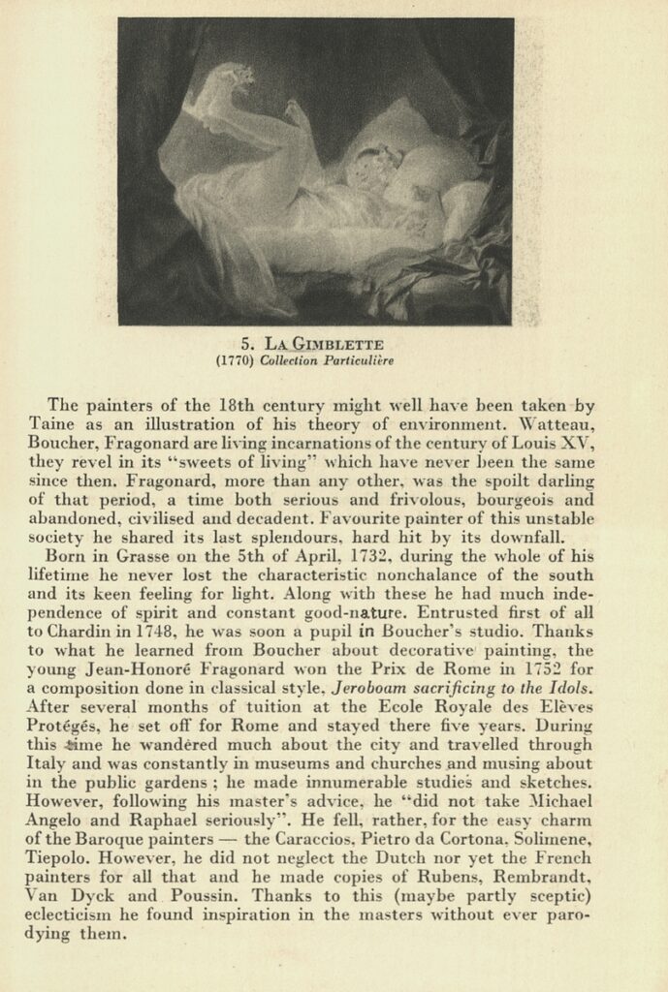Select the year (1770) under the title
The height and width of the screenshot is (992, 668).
235,361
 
